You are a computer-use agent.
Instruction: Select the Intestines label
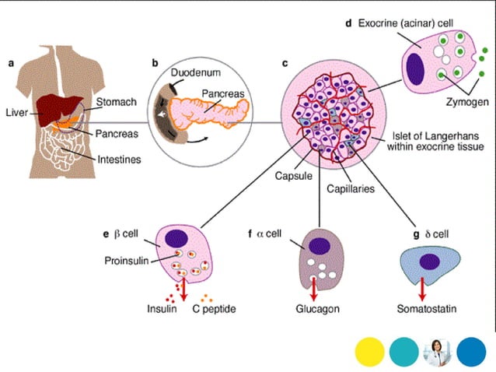(118, 160)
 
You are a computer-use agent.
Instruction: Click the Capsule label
(292, 176)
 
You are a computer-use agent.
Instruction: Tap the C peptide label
(213, 309)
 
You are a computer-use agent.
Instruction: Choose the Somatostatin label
(423, 309)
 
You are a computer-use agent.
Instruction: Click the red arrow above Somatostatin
(421, 290)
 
